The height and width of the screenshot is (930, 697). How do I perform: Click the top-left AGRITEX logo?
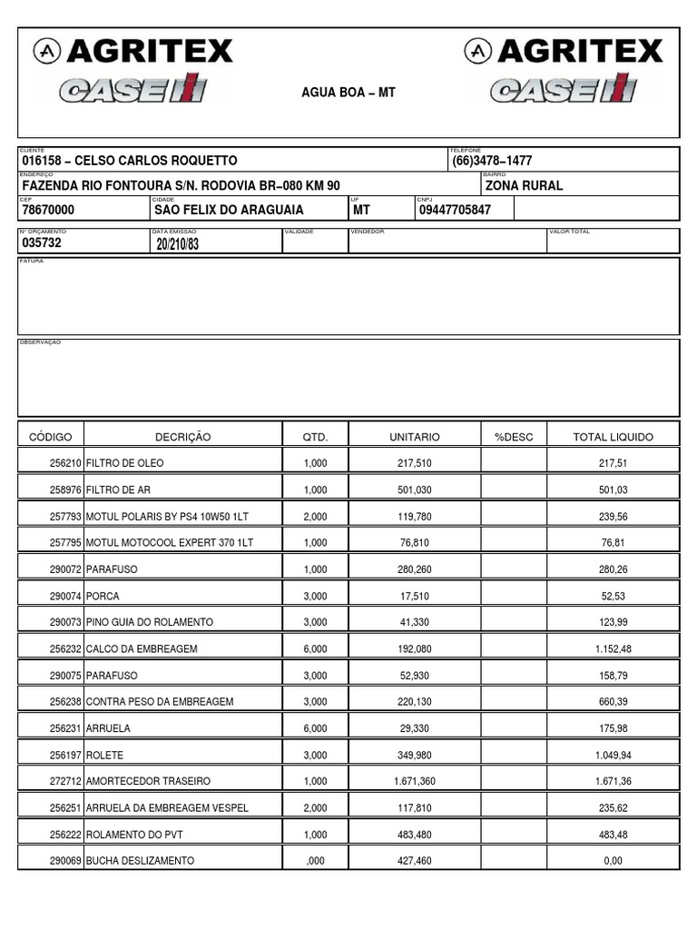pyautogui.click(x=133, y=51)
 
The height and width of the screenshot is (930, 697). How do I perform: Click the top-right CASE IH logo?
pyautogui.click(x=564, y=89)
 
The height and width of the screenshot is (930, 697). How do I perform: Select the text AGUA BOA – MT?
pyautogui.click(x=348, y=93)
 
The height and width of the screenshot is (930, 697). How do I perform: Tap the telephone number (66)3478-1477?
pyautogui.click(x=492, y=161)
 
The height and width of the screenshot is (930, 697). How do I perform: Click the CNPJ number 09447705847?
pyautogui.click(x=455, y=210)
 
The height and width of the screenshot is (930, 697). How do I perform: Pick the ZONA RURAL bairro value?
pyautogui.click(x=524, y=185)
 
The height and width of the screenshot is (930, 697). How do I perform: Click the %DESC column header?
pyautogui.click(x=514, y=437)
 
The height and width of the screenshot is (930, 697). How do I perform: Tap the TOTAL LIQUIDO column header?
pyautogui.click(x=613, y=437)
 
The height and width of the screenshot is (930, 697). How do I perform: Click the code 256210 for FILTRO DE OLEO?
pyautogui.click(x=66, y=462)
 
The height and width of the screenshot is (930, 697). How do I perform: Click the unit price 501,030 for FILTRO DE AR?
pyautogui.click(x=414, y=490)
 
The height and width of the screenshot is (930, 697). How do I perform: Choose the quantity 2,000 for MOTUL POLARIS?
pyautogui.click(x=314, y=516)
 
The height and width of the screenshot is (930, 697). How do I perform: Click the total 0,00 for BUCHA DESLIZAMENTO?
pyautogui.click(x=613, y=860)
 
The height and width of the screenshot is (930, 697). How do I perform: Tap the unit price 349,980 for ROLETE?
pyautogui.click(x=414, y=755)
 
